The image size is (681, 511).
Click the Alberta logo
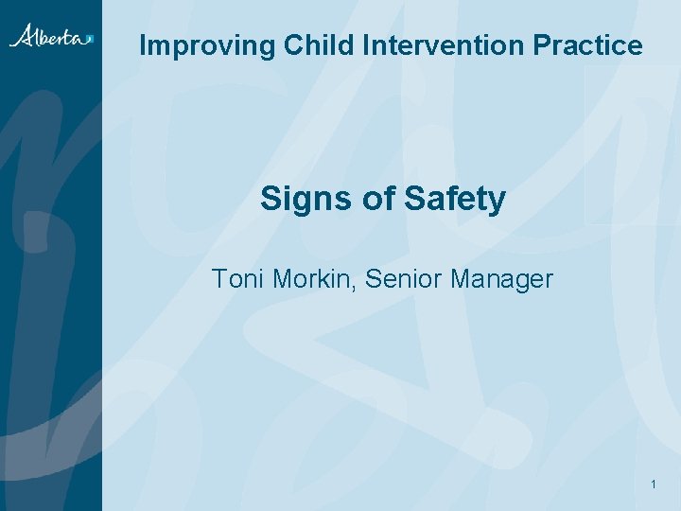click(51, 36)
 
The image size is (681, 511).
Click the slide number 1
click(654, 485)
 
